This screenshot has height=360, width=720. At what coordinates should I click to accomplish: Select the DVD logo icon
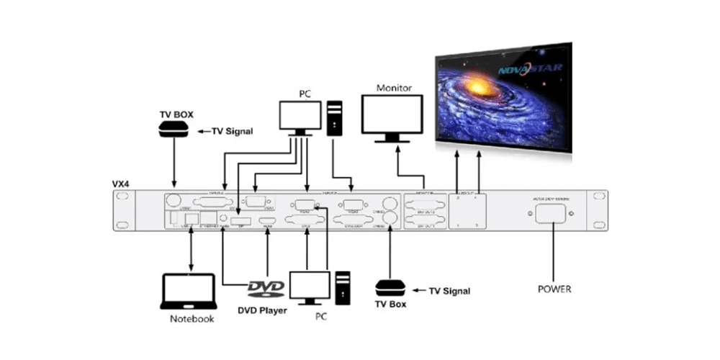[x=266, y=289]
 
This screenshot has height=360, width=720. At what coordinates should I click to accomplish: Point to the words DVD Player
[x=262, y=310]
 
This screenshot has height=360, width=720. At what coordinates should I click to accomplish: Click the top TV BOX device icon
[x=174, y=130]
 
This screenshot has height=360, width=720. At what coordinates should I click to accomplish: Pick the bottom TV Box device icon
[x=391, y=288]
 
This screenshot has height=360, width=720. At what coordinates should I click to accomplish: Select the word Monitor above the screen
[x=394, y=88]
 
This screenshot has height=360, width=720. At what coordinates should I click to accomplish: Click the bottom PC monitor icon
[x=309, y=286]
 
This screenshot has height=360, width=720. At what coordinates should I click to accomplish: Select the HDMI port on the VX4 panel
[x=269, y=219]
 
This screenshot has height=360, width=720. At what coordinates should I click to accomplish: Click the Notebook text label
[x=192, y=319]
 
